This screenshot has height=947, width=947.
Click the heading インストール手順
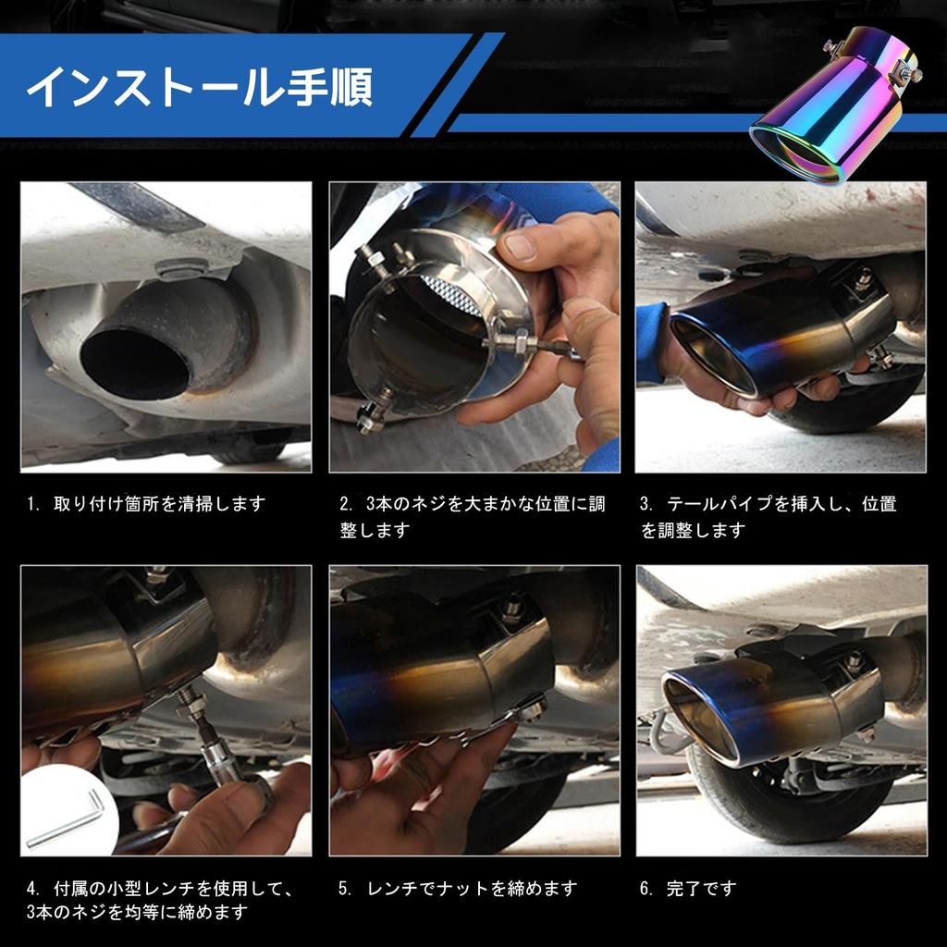pos(199,87)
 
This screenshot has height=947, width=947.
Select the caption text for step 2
pos(472,517)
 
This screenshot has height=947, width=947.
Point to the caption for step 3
pos(768,517)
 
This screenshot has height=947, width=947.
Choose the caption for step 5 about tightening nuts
pos(458,889)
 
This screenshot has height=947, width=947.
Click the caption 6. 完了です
pos(688,889)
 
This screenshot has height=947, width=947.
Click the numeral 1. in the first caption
pos(33,505)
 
